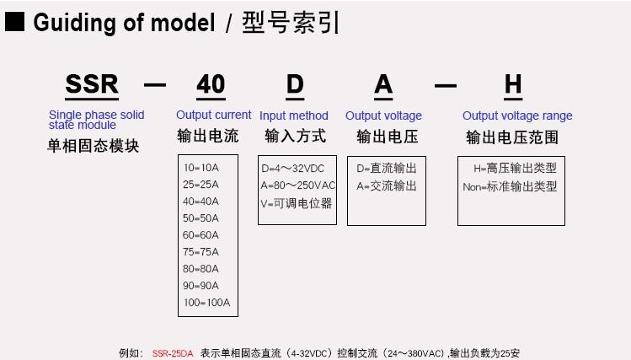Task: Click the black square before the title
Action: (14, 22)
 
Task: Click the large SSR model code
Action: (92, 84)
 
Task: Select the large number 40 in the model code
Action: (211, 84)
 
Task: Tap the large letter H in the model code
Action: (513, 84)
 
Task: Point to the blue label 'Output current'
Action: (214, 115)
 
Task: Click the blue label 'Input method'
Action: (294, 116)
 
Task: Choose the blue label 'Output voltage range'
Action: (517, 116)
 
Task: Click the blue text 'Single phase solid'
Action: (97, 115)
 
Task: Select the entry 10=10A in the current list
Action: (201, 168)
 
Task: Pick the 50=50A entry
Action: (201, 218)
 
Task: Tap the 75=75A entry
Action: (201, 252)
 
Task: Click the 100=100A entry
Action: (207, 303)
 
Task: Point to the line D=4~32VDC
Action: (292, 169)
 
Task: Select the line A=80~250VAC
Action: (297, 185)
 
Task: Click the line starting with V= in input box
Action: (297, 203)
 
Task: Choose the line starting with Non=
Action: (510, 186)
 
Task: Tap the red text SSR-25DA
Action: (173, 353)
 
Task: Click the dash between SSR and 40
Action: (155, 85)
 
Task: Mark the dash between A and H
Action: (446, 85)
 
